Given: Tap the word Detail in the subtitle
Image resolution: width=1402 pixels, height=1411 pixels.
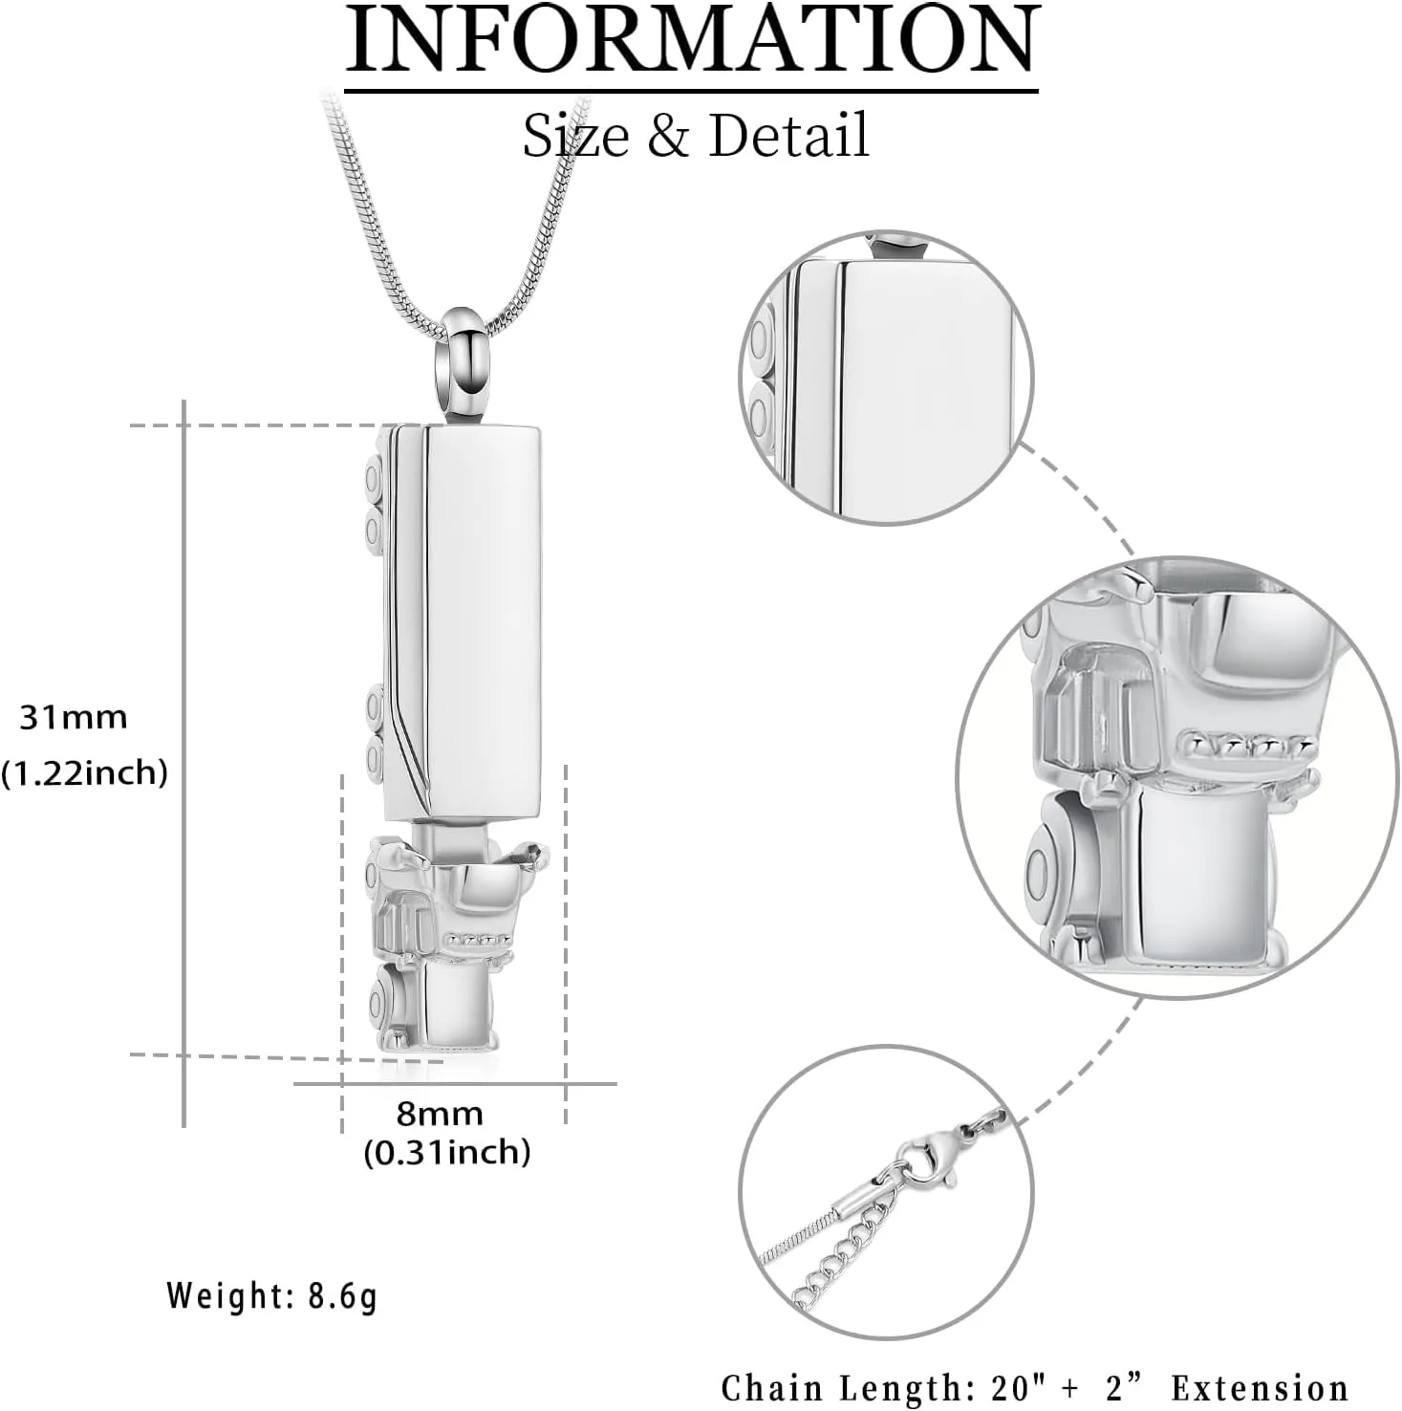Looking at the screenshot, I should (x=788, y=135).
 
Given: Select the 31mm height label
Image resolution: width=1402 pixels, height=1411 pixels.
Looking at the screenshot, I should (x=74, y=717).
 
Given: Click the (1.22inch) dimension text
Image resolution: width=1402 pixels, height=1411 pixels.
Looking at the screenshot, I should (x=84, y=772).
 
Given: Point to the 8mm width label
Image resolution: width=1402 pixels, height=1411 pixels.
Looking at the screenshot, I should (x=440, y=1114).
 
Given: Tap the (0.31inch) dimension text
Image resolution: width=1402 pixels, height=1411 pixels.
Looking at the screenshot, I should (x=446, y=1152).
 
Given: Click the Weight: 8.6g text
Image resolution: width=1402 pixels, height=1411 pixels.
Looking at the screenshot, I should (x=272, y=1296).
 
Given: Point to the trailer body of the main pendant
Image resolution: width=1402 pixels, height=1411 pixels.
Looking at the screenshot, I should (x=483, y=621).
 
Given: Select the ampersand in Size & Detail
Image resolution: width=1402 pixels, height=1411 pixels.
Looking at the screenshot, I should (x=668, y=135).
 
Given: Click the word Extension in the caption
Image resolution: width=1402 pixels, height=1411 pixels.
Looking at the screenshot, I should (x=1260, y=1388).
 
